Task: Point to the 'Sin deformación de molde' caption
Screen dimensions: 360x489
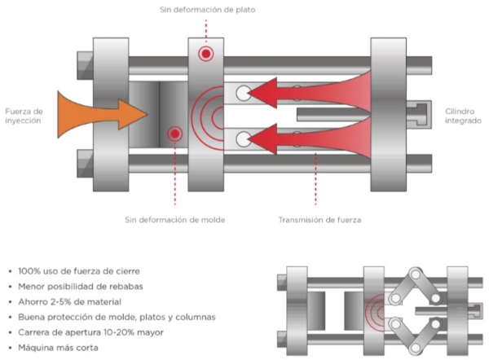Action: [175, 219]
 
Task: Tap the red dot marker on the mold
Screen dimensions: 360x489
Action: [174, 134]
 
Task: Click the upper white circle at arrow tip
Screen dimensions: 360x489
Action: [243, 94]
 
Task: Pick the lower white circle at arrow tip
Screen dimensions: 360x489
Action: [243, 139]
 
